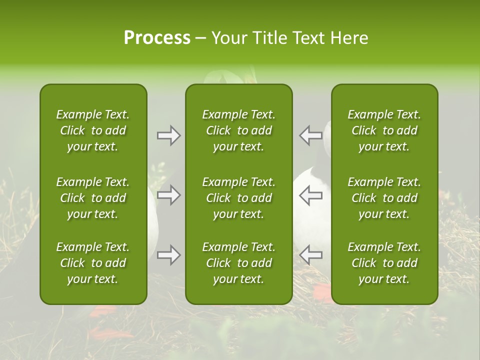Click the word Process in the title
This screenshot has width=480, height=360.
(x=157, y=38)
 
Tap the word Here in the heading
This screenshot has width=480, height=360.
(x=350, y=38)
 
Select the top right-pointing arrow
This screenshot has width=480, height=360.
(x=168, y=135)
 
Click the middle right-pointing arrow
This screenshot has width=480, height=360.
(x=168, y=195)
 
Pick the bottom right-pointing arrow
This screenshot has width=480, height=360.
(x=168, y=255)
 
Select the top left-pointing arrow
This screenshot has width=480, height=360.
(x=310, y=135)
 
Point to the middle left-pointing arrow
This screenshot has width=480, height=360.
(x=310, y=195)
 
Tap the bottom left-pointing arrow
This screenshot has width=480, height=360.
(x=310, y=255)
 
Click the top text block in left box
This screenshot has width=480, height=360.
(x=93, y=130)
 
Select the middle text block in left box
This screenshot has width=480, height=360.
(x=93, y=198)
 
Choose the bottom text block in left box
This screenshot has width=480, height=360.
(x=93, y=263)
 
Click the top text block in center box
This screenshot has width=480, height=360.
(x=238, y=130)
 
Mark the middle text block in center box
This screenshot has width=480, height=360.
(x=238, y=198)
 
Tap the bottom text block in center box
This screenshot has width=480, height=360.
(x=238, y=263)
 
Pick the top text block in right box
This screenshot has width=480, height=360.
(x=384, y=130)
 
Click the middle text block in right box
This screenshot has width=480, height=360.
(x=384, y=198)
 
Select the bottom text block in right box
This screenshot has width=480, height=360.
(x=384, y=263)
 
